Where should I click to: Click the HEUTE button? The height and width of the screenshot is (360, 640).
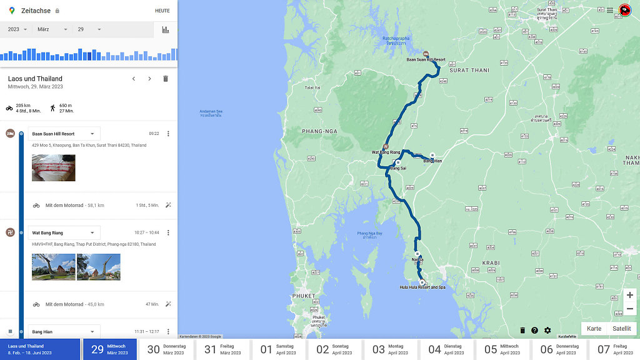(x=162, y=11)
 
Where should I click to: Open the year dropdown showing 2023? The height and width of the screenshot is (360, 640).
(x=17, y=29)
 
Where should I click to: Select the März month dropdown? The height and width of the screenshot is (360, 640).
(x=52, y=29)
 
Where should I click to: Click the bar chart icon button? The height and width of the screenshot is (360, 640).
(x=166, y=29)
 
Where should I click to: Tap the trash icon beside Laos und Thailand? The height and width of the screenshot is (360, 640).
(x=166, y=79)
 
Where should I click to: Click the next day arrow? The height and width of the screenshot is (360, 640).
(x=149, y=79)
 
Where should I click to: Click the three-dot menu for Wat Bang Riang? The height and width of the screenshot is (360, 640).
(x=167, y=232)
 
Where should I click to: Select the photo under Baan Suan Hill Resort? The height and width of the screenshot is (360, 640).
(x=54, y=167)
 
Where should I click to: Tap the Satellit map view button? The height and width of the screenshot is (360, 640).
(x=621, y=329)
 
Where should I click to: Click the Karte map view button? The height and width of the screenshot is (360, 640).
(x=594, y=329)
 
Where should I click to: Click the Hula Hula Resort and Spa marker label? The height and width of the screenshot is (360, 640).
(x=422, y=287)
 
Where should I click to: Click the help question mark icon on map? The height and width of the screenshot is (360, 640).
(x=534, y=330)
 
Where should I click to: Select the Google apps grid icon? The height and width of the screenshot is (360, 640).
(x=609, y=10)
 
